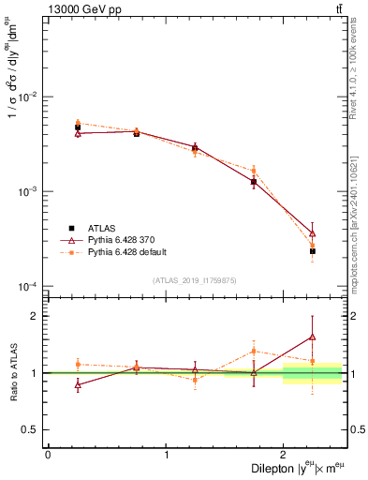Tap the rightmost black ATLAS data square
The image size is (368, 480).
[x=313, y=251]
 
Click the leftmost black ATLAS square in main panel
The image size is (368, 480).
[x=78, y=127]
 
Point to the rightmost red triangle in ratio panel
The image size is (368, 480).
[x=313, y=337]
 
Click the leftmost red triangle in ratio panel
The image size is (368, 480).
[x=78, y=384]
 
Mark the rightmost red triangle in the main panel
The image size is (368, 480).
[x=313, y=232]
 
